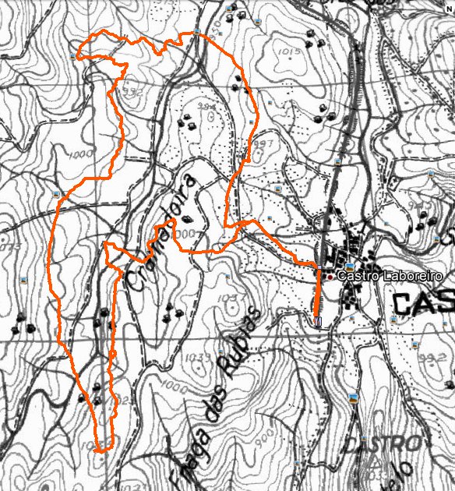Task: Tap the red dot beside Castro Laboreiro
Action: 330,277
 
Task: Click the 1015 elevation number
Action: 288,51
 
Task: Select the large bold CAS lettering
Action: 422,303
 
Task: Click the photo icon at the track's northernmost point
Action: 198,32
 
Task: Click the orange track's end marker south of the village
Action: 318,321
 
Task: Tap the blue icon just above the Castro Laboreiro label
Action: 351,267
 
